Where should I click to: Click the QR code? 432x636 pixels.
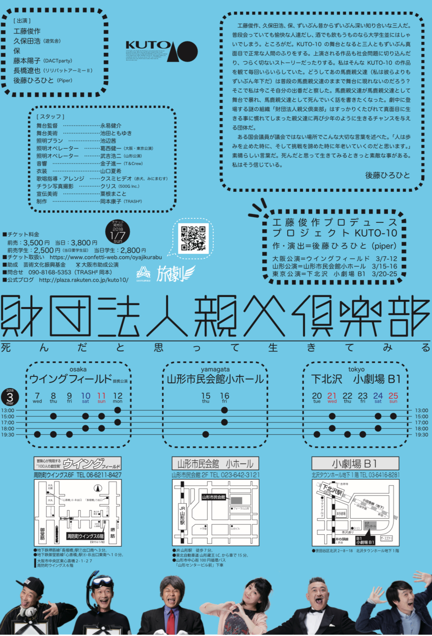(x=193, y=238)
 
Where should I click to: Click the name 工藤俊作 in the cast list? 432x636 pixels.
(x=27, y=31)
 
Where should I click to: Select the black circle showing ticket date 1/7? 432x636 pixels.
(x=118, y=232)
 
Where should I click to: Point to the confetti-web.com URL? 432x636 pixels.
(x=105, y=257)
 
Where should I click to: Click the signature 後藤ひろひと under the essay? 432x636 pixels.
(x=387, y=175)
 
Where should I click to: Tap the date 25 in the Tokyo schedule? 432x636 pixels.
(x=393, y=396)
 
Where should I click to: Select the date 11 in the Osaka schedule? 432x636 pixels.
(x=101, y=396)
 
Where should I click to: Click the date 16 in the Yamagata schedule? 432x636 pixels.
(x=224, y=396)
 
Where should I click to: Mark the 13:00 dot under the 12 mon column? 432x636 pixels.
(x=118, y=410)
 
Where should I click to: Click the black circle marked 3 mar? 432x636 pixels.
(x=10, y=397)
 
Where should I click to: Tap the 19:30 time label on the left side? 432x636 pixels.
(x=8, y=435)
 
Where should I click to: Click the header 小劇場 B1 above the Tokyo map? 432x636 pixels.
(x=355, y=463)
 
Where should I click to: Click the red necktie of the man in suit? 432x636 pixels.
(x=172, y=621)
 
